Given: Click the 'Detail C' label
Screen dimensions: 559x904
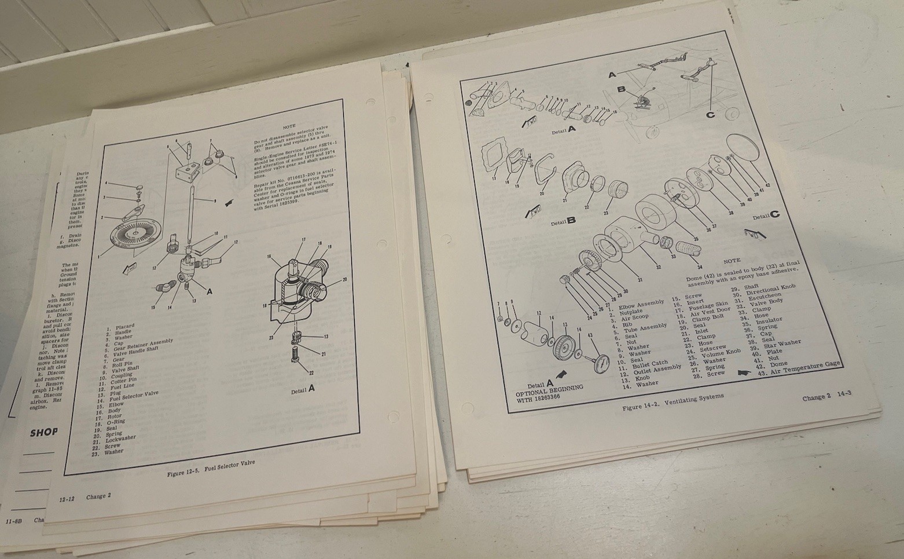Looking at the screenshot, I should (765, 215).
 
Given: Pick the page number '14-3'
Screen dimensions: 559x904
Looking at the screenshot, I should (842, 394).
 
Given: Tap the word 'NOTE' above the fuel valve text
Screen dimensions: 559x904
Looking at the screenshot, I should (289, 126).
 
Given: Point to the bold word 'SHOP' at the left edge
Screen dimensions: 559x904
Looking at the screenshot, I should (43, 432).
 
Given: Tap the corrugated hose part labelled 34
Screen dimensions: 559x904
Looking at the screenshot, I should (691, 249).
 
